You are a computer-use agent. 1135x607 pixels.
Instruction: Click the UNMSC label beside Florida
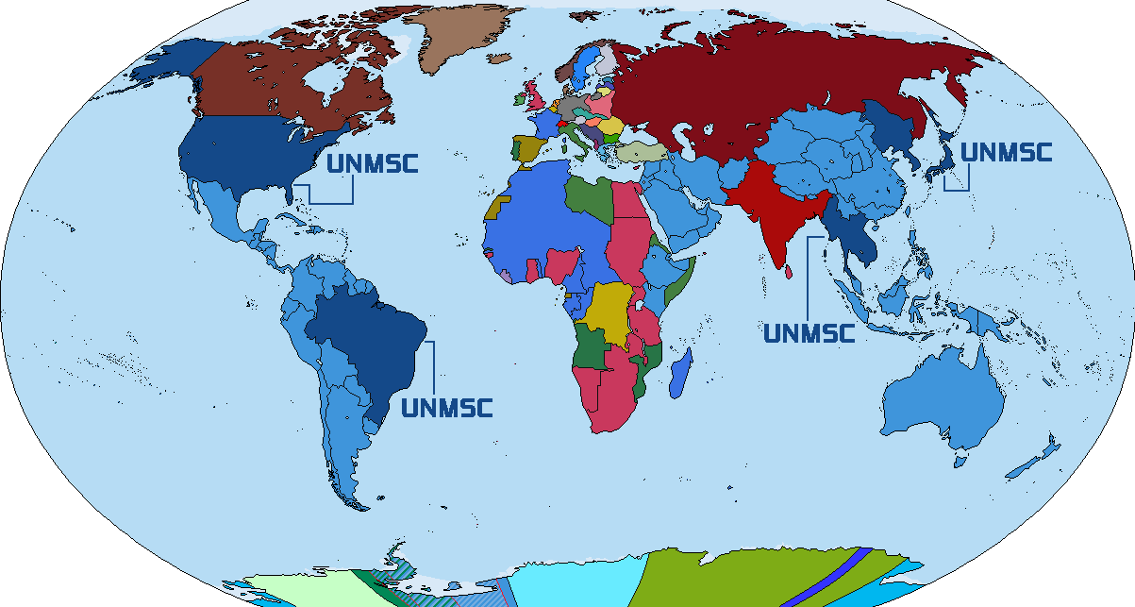click(372, 161)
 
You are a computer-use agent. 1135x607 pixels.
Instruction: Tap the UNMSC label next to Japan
click(1005, 152)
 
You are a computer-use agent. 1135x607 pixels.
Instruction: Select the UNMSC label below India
click(809, 333)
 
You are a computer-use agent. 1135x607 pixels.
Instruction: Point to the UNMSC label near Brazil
click(447, 408)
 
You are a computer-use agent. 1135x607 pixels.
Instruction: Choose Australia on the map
click(943, 396)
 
